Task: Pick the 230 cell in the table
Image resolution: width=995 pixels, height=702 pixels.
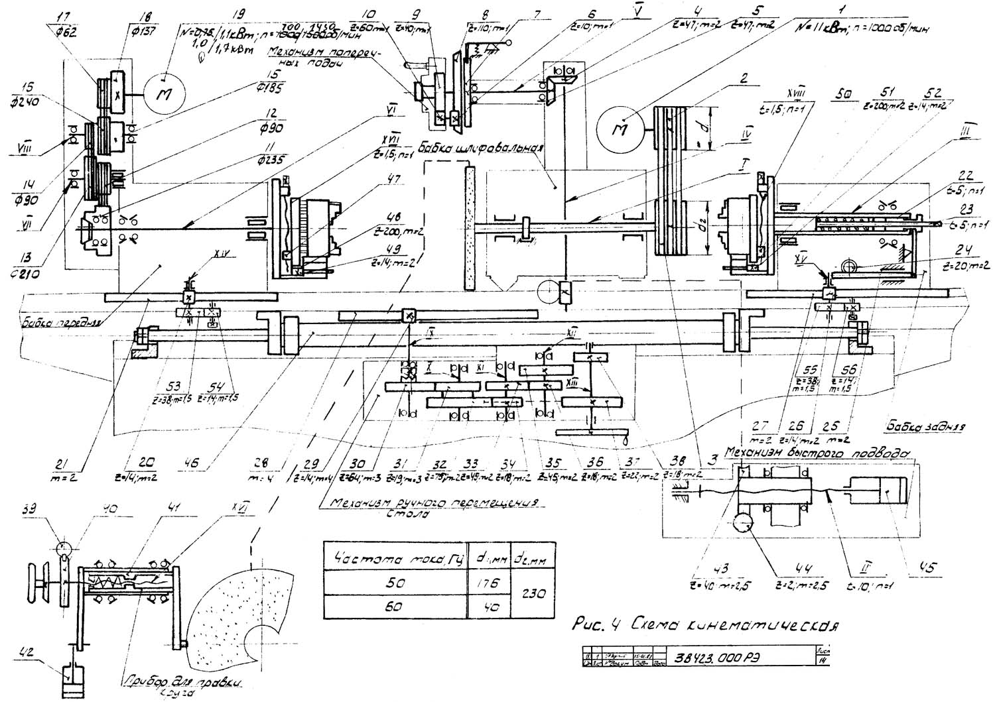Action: [533, 595]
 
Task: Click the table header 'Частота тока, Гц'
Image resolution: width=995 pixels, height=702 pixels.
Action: [394, 557]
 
